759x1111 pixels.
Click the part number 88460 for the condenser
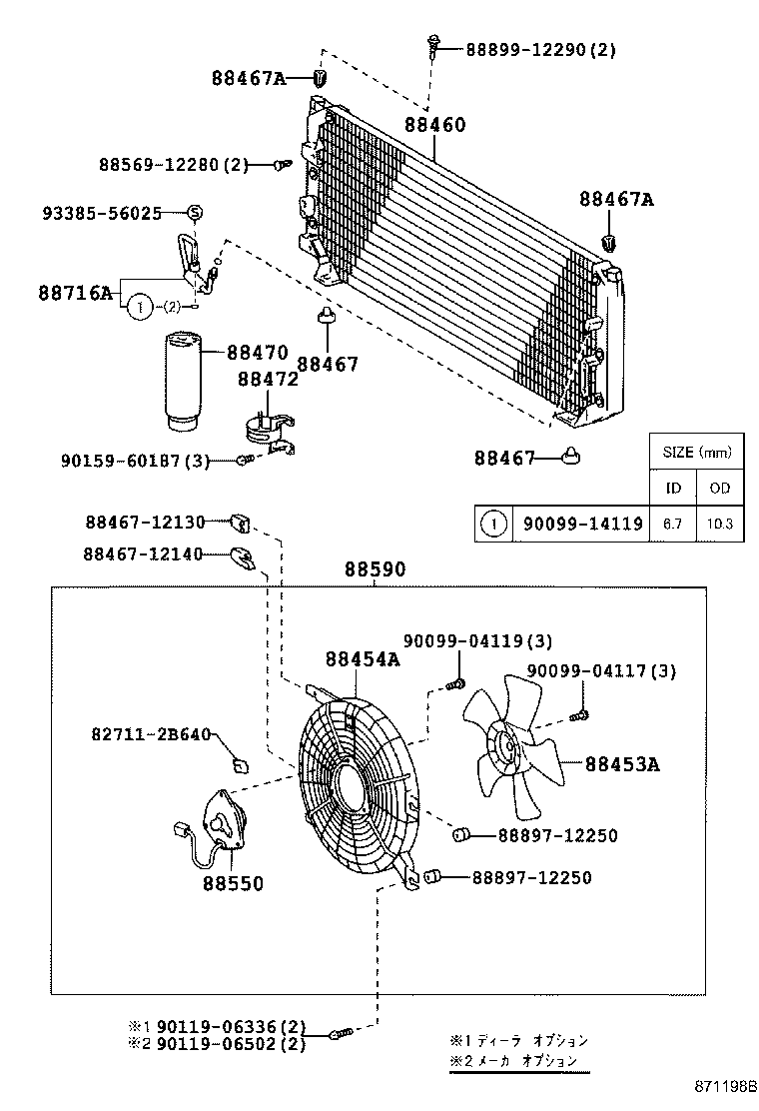tap(434, 125)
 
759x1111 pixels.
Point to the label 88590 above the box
tap(376, 569)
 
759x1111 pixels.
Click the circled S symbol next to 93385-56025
tap(196, 212)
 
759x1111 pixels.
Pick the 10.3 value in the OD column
tap(719, 523)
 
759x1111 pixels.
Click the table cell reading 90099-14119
tap(579, 523)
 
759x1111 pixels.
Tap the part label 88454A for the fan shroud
tap(362, 658)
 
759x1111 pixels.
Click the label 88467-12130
tap(144, 522)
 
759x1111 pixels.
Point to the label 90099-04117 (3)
tap(601, 671)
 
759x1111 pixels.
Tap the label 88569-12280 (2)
tap(173, 164)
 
